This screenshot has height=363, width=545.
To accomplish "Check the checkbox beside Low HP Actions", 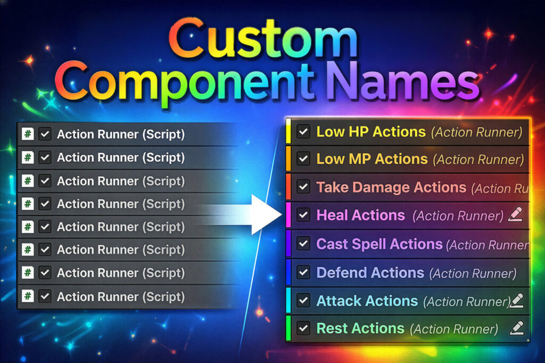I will click(303, 132).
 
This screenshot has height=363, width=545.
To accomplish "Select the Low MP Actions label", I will click(372, 159).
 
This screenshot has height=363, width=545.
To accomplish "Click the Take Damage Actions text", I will click(391, 187).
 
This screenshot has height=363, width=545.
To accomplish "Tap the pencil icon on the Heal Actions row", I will click(515, 214).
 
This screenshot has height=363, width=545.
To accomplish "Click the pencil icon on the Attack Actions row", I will click(516, 300).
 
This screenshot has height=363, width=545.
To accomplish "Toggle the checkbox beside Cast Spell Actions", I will click(303, 244).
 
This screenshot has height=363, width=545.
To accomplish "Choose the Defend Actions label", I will click(370, 273).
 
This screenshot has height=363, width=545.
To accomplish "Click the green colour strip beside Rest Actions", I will click(288, 328).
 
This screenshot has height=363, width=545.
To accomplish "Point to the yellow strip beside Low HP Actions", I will click(288, 131).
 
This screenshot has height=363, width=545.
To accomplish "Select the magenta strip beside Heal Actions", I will click(288, 215).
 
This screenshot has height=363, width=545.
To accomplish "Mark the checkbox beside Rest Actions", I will click(303, 328).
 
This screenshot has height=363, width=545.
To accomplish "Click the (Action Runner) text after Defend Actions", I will click(473, 274).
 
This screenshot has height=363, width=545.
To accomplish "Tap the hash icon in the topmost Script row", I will click(28, 135).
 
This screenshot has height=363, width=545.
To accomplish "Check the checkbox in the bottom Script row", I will click(45, 296).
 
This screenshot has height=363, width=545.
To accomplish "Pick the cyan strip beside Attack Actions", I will click(288, 300).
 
